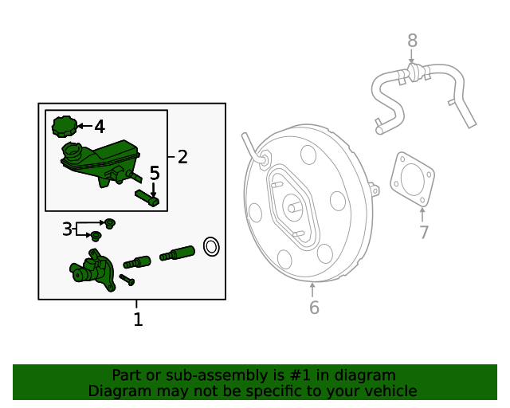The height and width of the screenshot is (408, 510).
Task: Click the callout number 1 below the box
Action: coord(138,320)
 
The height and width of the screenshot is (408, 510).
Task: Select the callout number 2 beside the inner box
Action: coord(182,157)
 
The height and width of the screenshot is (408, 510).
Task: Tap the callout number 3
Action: coord(67,229)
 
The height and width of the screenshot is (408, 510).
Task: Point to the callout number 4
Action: coord(100,127)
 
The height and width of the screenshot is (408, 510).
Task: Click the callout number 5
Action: coord(155,173)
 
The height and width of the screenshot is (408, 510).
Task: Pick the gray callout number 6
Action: coord(314,307)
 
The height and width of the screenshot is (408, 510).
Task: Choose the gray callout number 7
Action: coord(424,233)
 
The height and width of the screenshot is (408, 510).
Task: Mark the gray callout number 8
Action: coord(412,40)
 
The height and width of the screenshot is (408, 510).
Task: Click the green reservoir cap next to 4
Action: coord(64,126)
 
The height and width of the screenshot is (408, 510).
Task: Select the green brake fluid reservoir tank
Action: coord(100,159)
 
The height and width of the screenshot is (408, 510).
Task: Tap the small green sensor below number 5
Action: coord(147,198)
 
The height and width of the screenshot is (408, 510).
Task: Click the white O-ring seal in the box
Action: coord(211,247)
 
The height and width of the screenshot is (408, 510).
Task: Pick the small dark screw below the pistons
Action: coord(127,280)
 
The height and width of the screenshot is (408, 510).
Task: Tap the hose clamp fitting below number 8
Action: coord(413,75)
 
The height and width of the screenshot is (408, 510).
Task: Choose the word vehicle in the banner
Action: coord(386,391)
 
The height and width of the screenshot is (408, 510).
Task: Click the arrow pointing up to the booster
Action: coord(313,287)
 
